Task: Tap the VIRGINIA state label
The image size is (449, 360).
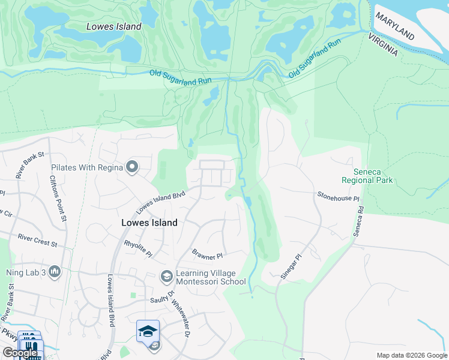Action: [x=380, y=44]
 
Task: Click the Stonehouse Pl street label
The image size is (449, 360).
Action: [x=338, y=196]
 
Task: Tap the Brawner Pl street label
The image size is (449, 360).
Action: [x=207, y=254]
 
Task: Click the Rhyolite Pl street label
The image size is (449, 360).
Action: [x=139, y=248]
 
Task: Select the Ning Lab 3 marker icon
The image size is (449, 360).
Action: [x=55, y=272]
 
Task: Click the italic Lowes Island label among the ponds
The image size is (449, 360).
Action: [x=113, y=26]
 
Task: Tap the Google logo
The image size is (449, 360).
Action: [x=20, y=353]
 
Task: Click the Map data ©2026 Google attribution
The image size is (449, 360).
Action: [x=411, y=355]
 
